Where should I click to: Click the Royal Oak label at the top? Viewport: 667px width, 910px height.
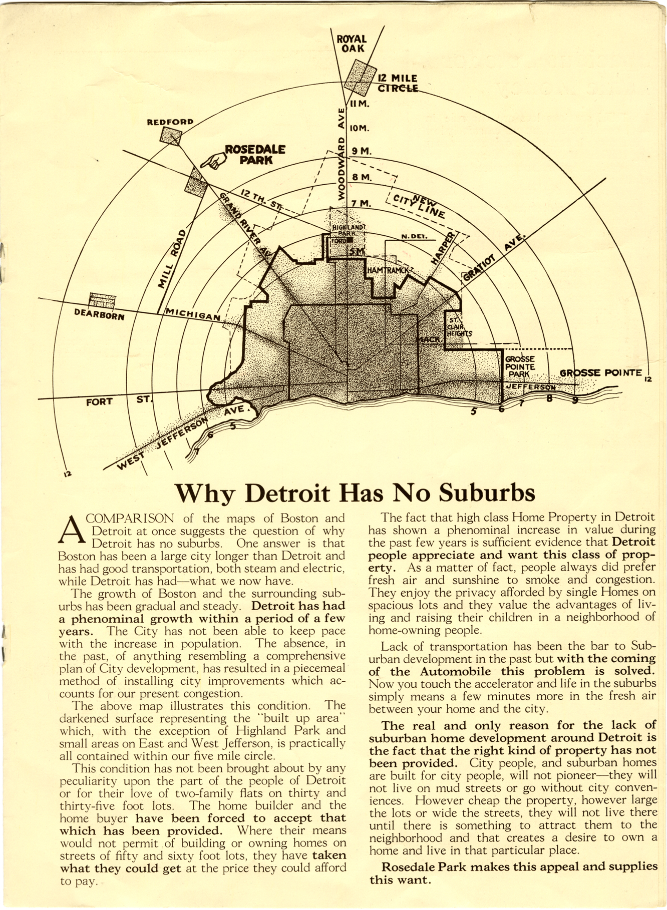(x=352, y=44)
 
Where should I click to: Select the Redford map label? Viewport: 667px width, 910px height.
(x=169, y=122)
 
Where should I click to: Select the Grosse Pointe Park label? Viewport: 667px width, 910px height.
(x=520, y=366)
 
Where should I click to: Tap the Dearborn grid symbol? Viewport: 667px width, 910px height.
(x=102, y=300)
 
